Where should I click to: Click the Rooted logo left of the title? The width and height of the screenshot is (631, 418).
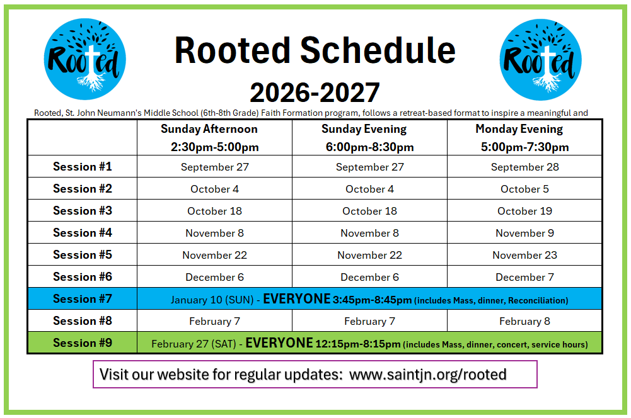pos(85,59)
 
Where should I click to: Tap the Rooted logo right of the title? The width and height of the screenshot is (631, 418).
pos(540,60)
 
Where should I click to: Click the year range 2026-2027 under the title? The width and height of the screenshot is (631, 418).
pos(315,93)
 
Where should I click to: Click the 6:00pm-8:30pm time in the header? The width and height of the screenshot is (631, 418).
pos(370,147)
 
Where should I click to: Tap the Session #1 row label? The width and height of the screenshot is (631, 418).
pos(83,166)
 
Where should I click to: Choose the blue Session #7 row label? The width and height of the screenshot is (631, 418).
pos(83,298)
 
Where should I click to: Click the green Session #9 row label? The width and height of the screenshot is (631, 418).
pos(83,343)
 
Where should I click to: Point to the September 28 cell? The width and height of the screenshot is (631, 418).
pos(524,167)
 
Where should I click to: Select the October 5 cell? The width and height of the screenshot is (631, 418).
pos(524,189)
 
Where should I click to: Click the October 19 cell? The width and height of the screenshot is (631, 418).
pos(524,211)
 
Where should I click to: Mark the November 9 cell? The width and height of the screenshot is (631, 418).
pos(524,233)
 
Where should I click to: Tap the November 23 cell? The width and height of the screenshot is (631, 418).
pos(524,255)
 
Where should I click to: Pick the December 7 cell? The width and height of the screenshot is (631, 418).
pos(524,278)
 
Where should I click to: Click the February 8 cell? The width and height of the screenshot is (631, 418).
pos(524,321)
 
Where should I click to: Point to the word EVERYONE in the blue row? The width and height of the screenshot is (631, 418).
pos(296,298)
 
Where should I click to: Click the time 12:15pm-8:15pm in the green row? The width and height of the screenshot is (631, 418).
pos(358,344)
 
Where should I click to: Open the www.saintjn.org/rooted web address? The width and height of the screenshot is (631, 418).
pos(428,375)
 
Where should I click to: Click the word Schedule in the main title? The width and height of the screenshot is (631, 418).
pos(378,50)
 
